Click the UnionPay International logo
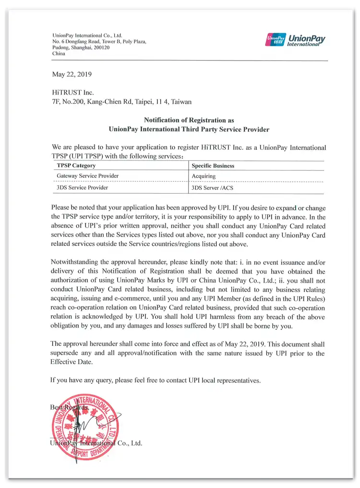point(295,39)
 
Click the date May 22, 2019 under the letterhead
point(72,74)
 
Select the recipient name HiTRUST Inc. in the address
point(73,92)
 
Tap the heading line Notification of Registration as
point(189,120)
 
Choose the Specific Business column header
point(213,166)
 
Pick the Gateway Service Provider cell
point(87,176)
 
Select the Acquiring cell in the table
point(204,176)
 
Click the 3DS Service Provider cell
point(82,187)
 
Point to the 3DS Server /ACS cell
point(212,188)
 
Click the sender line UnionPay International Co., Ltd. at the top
point(87,36)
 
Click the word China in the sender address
point(59,54)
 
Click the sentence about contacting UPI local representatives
point(156,380)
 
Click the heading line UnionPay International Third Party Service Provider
point(189,129)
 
